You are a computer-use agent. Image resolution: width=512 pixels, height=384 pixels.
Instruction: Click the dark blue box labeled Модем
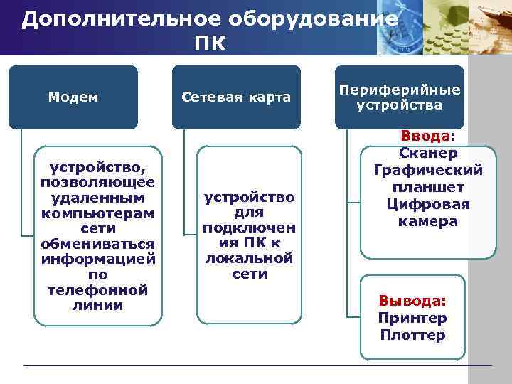pos(73,97)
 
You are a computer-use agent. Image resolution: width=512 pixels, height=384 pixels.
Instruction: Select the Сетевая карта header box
pos(236,97)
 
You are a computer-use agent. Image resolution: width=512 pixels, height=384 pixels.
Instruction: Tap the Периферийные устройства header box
pos(399,97)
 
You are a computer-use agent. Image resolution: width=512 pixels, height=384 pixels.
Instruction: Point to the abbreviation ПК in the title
pos(209,44)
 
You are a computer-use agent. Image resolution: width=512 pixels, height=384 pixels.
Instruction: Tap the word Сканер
pos(428,153)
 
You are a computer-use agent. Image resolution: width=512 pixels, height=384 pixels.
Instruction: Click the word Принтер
pos(412,317)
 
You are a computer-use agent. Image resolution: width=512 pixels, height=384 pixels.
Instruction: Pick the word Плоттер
pos(412,334)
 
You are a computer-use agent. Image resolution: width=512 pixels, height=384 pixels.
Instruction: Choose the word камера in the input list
pos(428,221)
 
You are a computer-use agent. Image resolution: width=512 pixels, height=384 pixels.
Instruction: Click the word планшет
pos(428,187)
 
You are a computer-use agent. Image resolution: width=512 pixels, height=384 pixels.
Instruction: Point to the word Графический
pos(428,170)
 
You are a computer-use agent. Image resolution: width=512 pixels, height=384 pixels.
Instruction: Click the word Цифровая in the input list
pos(428,204)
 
